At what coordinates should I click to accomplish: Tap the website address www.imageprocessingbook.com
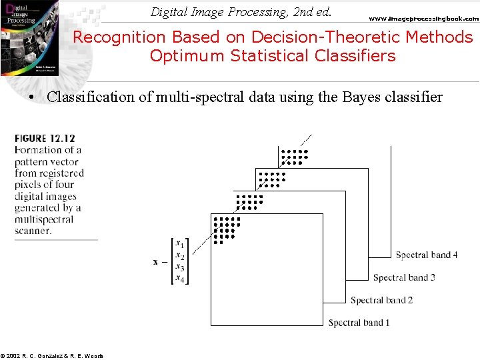(x=423, y=19)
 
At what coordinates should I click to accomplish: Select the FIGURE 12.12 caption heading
(x=45, y=139)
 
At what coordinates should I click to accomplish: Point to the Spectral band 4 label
(x=426, y=255)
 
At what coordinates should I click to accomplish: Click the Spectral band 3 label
(x=404, y=278)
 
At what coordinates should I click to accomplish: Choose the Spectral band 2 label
(x=381, y=301)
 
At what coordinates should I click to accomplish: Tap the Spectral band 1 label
(x=359, y=323)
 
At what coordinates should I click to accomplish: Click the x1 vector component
(x=179, y=244)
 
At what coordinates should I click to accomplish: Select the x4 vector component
(x=179, y=279)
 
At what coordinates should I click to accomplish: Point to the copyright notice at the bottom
(x=52, y=356)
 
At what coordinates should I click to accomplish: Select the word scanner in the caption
(x=33, y=231)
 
